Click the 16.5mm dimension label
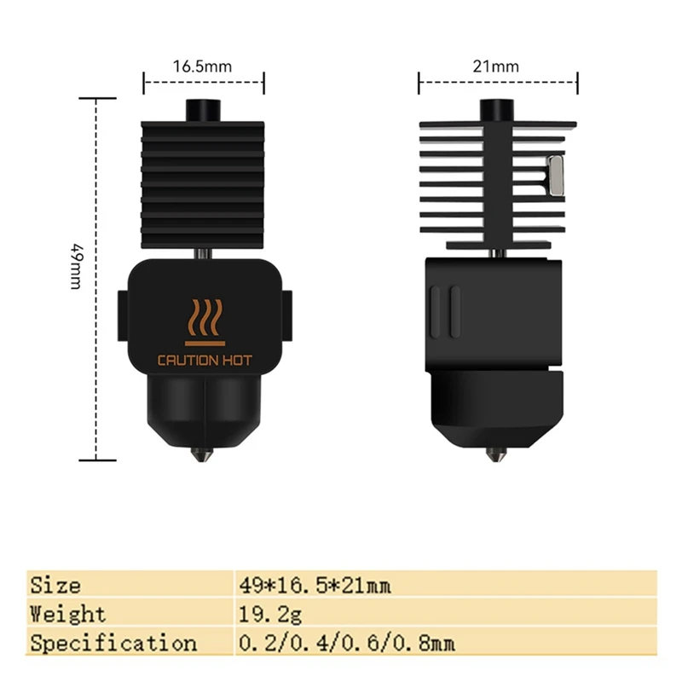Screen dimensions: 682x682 [203, 66]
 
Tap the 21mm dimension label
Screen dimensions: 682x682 [499, 66]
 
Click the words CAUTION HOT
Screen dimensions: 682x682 [205, 360]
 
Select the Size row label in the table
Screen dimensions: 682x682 [55, 586]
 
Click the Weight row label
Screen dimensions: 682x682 [68, 614]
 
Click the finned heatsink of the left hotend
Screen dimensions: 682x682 [204, 179]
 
